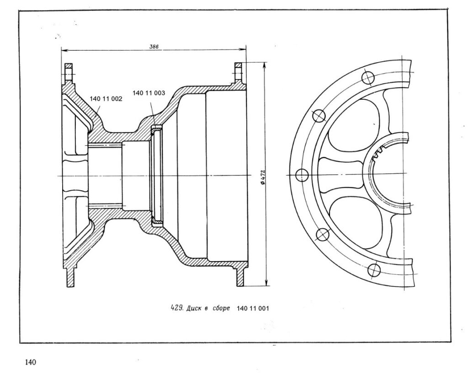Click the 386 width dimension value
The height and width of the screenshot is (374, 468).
(x=154, y=46)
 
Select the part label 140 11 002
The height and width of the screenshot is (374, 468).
(x=106, y=99)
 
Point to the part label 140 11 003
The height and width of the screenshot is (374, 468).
(x=149, y=93)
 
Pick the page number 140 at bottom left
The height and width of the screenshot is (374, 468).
(x=30, y=363)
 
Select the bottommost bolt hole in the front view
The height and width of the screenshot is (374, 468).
(x=374, y=269)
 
